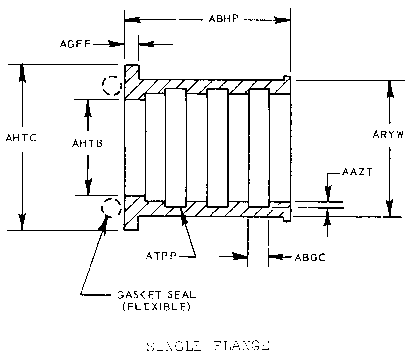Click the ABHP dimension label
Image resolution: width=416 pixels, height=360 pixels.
coord(223,19)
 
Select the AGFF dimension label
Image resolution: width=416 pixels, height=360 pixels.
coord(75,44)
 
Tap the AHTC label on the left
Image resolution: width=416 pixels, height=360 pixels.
coord(21,138)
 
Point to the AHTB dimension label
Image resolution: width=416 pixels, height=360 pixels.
coord(88,143)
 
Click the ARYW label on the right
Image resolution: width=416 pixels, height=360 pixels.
coord(388,134)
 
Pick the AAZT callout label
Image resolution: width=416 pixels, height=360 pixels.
coord(357,172)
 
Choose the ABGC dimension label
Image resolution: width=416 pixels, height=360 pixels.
coord(310,257)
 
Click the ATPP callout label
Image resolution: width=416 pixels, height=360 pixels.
coord(161,256)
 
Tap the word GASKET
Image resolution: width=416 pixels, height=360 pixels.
coord(139,295)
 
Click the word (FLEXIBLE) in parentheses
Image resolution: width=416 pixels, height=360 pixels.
coord(156,307)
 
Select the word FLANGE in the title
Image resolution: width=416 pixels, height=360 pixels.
coord(241,346)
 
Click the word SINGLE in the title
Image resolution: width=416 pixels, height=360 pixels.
coord(174,346)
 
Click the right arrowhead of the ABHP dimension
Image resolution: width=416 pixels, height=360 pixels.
coord(283,20)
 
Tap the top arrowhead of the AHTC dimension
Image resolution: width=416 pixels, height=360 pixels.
coord(22,73)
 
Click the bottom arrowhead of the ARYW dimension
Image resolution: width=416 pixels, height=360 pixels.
coord(390,208)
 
